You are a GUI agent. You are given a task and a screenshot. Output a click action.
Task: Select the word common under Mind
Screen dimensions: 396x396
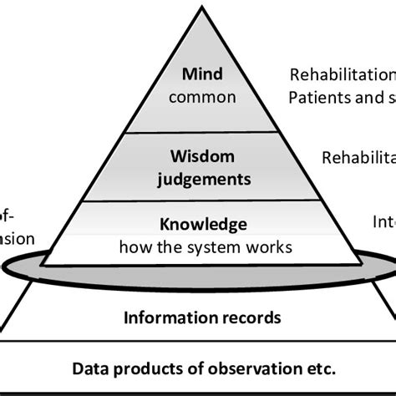pyautogui.click(x=201, y=98)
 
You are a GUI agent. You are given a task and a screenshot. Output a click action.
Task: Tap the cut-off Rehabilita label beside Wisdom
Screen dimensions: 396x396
pyautogui.click(x=359, y=156)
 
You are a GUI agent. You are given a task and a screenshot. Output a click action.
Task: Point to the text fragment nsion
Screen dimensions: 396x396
pyautogui.click(x=17, y=238)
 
